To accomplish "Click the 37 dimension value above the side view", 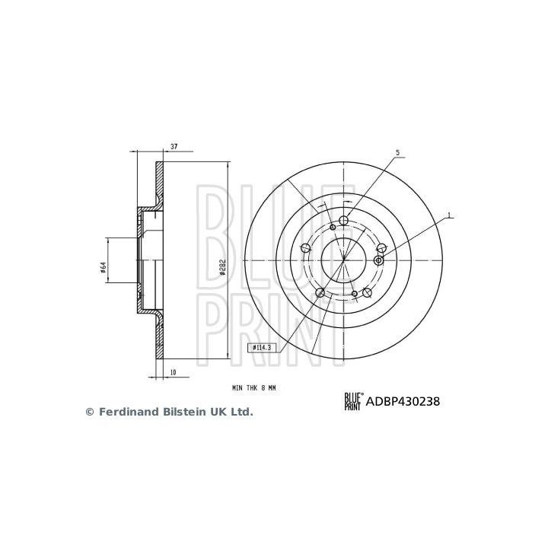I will click(174, 146).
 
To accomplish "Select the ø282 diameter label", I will click(221, 266).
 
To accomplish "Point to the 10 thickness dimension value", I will click(174, 373).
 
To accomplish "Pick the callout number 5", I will click(397, 153).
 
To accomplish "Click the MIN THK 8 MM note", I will click(254, 388).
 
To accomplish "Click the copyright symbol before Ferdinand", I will click(88, 412).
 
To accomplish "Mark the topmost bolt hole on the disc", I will click(343, 221).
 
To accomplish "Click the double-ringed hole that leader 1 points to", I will click(379, 260).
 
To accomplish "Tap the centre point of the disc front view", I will click(343, 260).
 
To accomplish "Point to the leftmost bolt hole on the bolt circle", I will click(306, 247).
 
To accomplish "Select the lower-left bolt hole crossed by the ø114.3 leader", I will click(320, 292).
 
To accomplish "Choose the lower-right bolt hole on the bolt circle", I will click(366, 292).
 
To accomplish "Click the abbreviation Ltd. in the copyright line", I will click(241, 412).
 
